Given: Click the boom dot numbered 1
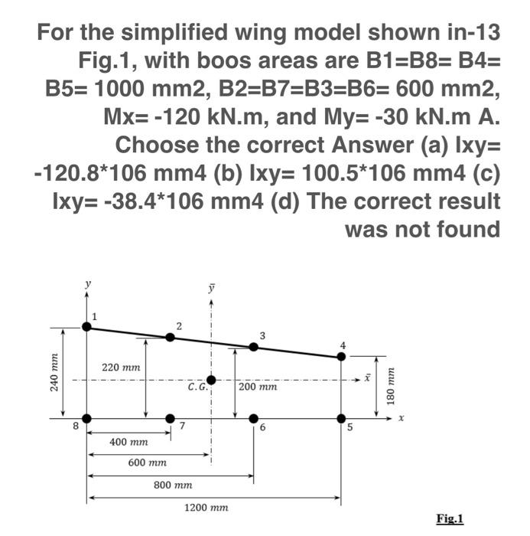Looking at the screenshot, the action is (86, 327).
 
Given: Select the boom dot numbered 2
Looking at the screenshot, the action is (170, 337).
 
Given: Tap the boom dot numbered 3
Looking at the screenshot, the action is (254, 347).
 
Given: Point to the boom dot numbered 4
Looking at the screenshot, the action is (342, 356).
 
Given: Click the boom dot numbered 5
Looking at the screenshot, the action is (341, 418).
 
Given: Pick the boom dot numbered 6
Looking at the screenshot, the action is (254, 418).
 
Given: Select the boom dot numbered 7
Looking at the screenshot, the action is (170, 418).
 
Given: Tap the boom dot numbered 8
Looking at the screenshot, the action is (86, 418).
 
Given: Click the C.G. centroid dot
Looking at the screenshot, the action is (211, 380).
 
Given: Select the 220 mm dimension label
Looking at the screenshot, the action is (121, 368).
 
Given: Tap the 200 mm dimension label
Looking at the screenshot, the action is (257, 387).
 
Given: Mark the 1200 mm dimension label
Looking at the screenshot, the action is (207, 508).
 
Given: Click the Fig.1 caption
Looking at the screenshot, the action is (450, 518).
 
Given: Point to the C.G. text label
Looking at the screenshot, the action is (197, 387).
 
